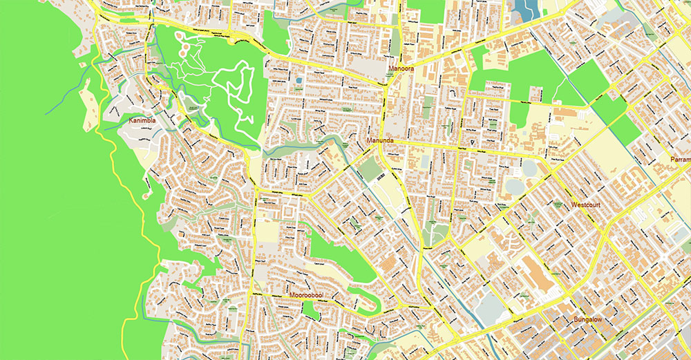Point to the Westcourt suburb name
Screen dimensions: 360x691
click(589, 206)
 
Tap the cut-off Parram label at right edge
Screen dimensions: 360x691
click(680, 160)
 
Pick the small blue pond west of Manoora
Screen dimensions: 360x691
click(299, 81)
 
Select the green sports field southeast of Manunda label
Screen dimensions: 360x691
click(370, 169)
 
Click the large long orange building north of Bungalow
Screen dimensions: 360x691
click(536, 273)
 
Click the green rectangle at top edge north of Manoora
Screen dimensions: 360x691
click(426, 10)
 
